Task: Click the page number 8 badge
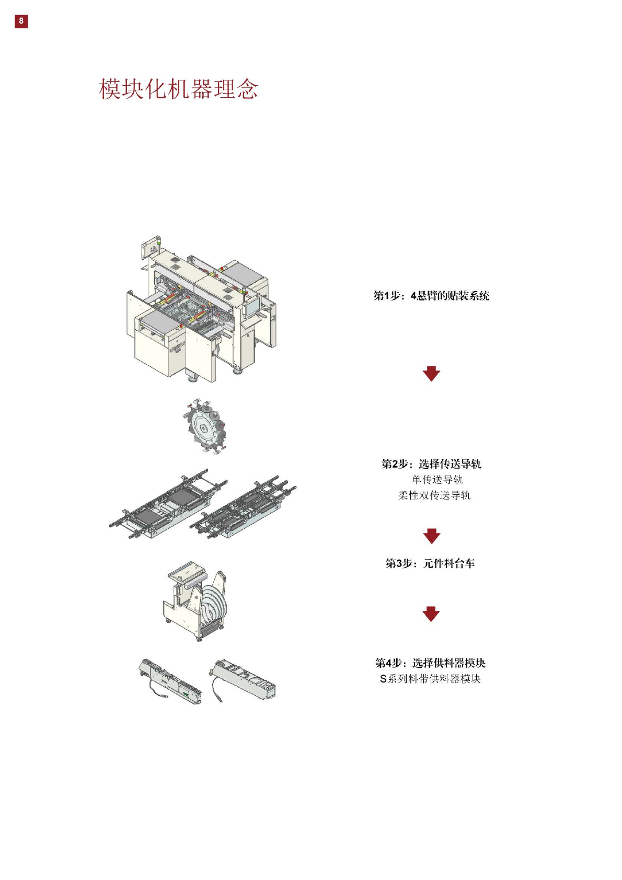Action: [21, 21]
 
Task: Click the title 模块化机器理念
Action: [178, 89]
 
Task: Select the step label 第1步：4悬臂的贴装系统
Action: [431, 296]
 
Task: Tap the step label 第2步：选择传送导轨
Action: [431, 464]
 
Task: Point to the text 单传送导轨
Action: [437, 479]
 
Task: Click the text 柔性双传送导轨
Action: [434, 495]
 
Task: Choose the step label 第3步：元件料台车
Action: [430, 563]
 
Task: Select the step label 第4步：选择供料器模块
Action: [430, 663]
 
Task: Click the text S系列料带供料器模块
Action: [430, 679]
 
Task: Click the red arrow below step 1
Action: [431, 374]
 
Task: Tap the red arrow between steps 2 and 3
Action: [431, 536]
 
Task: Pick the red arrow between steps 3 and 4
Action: [431, 614]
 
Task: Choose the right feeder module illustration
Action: [243, 679]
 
